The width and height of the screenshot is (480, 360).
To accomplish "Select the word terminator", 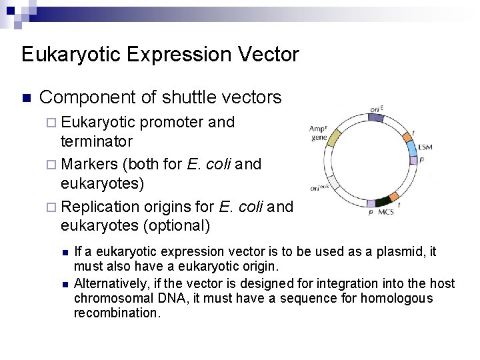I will coord(97,141).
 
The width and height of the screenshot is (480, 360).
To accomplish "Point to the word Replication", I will coord(100,207).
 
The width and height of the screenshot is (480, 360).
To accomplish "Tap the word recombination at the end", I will coord(117,313).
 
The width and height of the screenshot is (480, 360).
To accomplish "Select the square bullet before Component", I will coord(26,99).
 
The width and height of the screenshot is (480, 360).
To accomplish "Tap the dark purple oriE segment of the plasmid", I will coord(376,117).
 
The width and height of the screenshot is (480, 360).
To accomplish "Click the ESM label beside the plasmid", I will coord(425,147).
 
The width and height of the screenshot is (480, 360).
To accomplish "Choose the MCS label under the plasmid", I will coord(385,213).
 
